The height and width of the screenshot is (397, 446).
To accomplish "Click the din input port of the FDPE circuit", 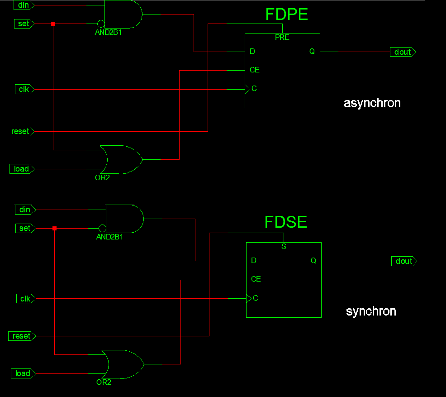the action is (x=24, y=5).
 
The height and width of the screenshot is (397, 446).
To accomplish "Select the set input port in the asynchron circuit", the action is (x=24, y=24).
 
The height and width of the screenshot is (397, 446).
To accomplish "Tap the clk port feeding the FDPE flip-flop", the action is (x=25, y=89).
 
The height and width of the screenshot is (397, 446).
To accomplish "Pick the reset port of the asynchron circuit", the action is (x=21, y=131).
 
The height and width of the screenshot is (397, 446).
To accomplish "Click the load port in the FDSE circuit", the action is (x=24, y=373).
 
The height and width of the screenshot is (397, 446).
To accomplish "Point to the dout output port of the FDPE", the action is (x=403, y=52).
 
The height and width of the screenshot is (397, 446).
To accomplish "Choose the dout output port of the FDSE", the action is (x=404, y=261).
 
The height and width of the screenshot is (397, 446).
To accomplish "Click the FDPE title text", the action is (x=286, y=14).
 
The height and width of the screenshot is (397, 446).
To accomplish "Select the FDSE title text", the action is (x=285, y=222).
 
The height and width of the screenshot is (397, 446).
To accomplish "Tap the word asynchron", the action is (x=372, y=103).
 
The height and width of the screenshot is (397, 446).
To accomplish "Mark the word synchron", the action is (x=371, y=311).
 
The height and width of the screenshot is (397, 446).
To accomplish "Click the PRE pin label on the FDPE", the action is (x=282, y=37).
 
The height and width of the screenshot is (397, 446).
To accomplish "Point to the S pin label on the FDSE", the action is (x=284, y=246).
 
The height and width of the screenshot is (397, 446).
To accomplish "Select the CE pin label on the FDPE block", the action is (x=255, y=70).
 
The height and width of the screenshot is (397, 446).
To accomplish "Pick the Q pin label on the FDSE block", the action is (x=313, y=260).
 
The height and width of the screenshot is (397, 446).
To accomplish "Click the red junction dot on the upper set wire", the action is (x=53, y=24).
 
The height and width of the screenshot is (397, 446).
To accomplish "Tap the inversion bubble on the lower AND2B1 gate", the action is (x=102, y=228).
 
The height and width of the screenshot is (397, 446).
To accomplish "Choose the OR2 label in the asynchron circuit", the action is (x=102, y=177).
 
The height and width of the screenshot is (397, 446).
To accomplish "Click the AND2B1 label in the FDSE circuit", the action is (x=109, y=237).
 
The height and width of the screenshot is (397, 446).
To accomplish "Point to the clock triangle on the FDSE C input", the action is (x=249, y=298).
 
